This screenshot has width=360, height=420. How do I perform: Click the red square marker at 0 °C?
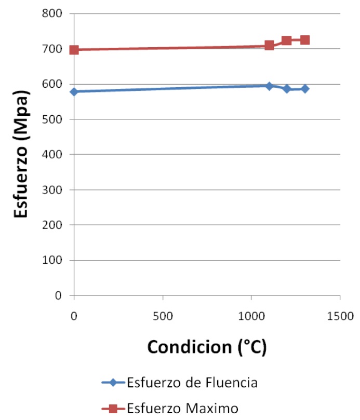tap(74, 50)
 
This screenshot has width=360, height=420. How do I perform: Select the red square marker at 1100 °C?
tap(269, 45)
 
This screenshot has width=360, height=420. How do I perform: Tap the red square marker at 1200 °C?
tap(287, 40)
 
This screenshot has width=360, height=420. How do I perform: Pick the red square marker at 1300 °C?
tap(305, 40)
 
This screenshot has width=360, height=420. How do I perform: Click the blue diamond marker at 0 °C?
tap(74, 91)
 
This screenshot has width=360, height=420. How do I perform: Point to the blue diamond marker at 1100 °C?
tap(269, 86)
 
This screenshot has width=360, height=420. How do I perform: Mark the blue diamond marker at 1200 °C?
tap(287, 89)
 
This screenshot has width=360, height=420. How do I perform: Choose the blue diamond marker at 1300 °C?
tap(305, 89)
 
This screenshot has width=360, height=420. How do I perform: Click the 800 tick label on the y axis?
tap(52, 13)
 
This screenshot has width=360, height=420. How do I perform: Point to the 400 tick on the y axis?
tap(52, 155)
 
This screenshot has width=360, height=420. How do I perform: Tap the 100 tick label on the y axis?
tap(52, 260)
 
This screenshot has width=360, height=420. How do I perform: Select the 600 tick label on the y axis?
tap(52, 84)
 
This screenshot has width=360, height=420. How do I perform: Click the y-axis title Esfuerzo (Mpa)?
tap(21, 155)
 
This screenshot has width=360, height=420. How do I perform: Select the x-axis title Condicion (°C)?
tap(207, 347)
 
